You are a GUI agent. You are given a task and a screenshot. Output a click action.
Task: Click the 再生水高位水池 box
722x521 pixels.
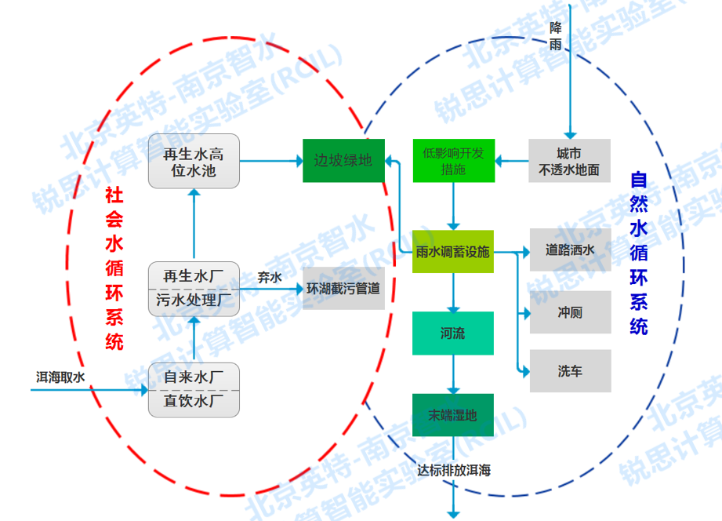click(x=194, y=161)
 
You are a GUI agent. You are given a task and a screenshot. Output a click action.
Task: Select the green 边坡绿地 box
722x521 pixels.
click(x=343, y=160)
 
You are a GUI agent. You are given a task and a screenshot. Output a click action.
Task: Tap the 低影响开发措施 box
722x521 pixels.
click(x=453, y=160)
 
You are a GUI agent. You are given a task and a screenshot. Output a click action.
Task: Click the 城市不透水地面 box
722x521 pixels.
click(x=569, y=160)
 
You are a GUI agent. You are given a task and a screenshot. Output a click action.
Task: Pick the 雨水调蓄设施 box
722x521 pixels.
click(x=453, y=252)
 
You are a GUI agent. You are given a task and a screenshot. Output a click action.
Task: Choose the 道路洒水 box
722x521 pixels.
click(x=570, y=250)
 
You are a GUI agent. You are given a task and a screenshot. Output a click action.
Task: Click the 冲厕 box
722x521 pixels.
click(x=570, y=313)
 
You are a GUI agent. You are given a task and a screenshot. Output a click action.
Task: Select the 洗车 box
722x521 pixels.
click(x=570, y=371)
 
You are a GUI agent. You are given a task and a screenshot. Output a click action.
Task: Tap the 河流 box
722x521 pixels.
click(x=453, y=333)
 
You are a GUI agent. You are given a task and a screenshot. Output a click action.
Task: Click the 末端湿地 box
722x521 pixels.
click(x=453, y=415)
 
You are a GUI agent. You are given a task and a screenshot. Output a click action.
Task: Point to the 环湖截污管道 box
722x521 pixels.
click(x=343, y=288)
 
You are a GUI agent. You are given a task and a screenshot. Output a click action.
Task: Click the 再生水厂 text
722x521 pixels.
click(x=194, y=276)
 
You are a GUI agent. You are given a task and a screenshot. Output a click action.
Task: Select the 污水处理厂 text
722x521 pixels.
click(x=194, y=301)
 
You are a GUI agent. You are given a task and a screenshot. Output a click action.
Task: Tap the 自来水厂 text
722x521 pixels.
click(x=194, y=377)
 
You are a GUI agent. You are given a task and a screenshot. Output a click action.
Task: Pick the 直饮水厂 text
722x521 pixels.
click(x=194, y=403)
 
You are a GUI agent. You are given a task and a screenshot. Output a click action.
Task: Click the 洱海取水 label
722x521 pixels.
click(x=60, y=377)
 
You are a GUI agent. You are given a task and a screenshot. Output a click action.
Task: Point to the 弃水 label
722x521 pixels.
click(x=269, y=277)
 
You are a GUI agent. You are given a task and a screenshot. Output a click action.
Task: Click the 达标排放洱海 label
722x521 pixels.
click(x=453, y=471)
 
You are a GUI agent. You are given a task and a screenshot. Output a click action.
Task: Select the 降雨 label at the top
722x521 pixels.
click(x=556, y=36)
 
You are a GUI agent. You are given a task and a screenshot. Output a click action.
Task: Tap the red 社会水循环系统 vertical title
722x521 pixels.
click(x=114, y=268)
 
